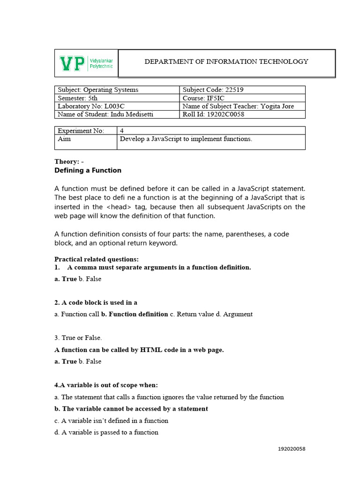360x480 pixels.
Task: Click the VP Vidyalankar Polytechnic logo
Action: [x=86, y=63]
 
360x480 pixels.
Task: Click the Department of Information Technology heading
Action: [x=226, y=61]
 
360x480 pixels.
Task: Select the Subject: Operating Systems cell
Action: [x=98, y=90]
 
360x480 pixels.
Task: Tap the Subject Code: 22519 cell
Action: [x=213, y=90]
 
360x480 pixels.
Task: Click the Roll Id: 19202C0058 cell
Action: [x=213, y=114]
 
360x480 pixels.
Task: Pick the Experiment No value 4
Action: [x=122, y=131]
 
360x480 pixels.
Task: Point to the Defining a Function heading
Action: [x=88, y=170]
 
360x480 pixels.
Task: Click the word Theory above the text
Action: [x=66, y=161]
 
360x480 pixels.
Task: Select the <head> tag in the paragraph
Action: [x=117, y=207]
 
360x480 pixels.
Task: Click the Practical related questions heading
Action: [x=97, y=259]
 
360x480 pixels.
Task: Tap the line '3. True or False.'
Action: [x=78, y=337]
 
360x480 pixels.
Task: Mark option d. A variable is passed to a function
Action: [x=106, y=432]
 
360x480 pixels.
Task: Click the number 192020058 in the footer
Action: [x=292, y=449]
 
